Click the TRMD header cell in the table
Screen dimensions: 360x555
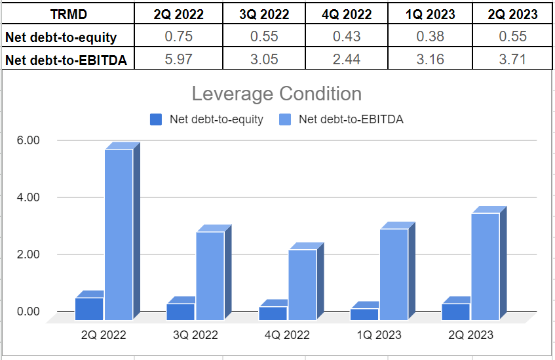pos(67,14)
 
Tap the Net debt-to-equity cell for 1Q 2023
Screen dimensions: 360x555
pos(430,37)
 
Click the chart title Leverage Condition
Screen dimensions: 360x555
pos(277,94)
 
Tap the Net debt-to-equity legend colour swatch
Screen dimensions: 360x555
pos(156,119)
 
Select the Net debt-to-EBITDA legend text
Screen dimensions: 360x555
pos(351,119)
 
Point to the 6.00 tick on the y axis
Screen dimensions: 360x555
pos(27,140)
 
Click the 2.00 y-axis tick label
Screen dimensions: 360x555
pos(27,254)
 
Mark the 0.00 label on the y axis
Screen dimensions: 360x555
pos(27,311)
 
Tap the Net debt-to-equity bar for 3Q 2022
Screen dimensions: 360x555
pos(180,311)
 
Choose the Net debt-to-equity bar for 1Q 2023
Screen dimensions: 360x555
pos(364,314)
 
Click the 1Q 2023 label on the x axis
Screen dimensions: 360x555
pos(379,335)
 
